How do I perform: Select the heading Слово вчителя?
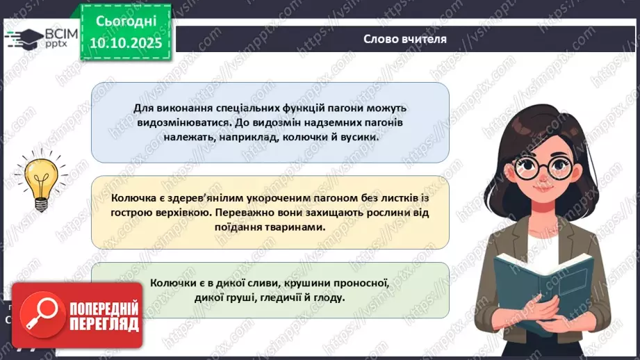click(405, 39)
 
